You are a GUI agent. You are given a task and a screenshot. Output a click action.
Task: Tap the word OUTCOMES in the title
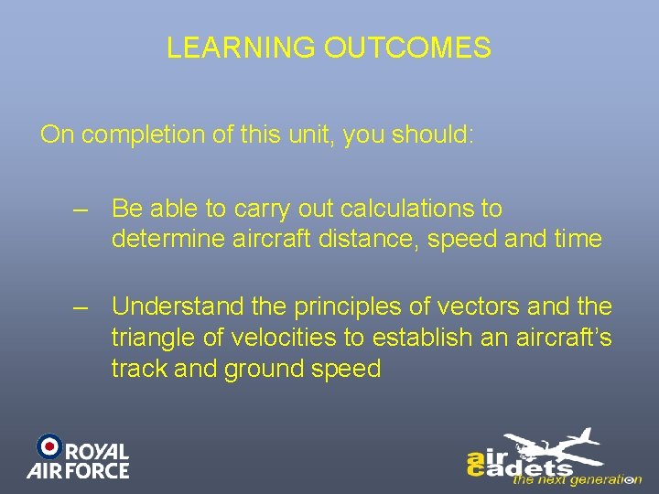tap(407, 48)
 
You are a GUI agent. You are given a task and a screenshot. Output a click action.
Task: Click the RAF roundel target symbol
tap(49, 447)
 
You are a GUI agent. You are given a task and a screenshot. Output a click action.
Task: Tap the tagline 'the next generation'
tap(577, 478)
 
